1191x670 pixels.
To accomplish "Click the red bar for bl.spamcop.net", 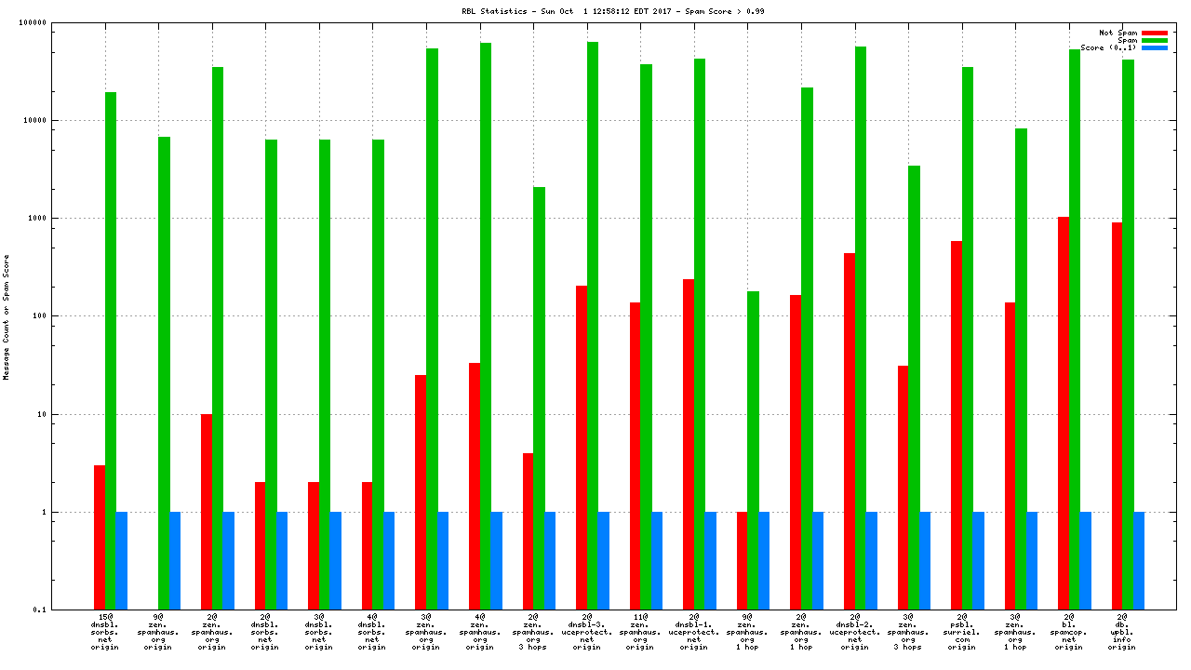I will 1063,413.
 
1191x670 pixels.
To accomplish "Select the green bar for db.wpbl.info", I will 1128,334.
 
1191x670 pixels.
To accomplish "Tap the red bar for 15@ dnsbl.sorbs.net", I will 100,537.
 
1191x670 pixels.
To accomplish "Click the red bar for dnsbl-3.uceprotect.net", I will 582,448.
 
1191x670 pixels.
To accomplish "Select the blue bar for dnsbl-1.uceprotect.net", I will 710,560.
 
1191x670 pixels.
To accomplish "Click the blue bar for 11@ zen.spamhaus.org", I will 657,560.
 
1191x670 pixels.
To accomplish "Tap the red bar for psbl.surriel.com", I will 956,425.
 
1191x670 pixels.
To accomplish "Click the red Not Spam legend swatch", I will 1154,33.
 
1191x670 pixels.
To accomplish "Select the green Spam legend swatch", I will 1154,40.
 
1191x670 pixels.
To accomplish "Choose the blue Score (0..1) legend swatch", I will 1154,47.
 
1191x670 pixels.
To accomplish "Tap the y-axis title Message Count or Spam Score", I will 7,316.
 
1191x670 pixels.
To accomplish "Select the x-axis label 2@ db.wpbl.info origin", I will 1121,631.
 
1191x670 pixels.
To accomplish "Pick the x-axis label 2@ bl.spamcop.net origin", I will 1068,631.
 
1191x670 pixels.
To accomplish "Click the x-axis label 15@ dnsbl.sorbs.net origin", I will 105,631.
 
